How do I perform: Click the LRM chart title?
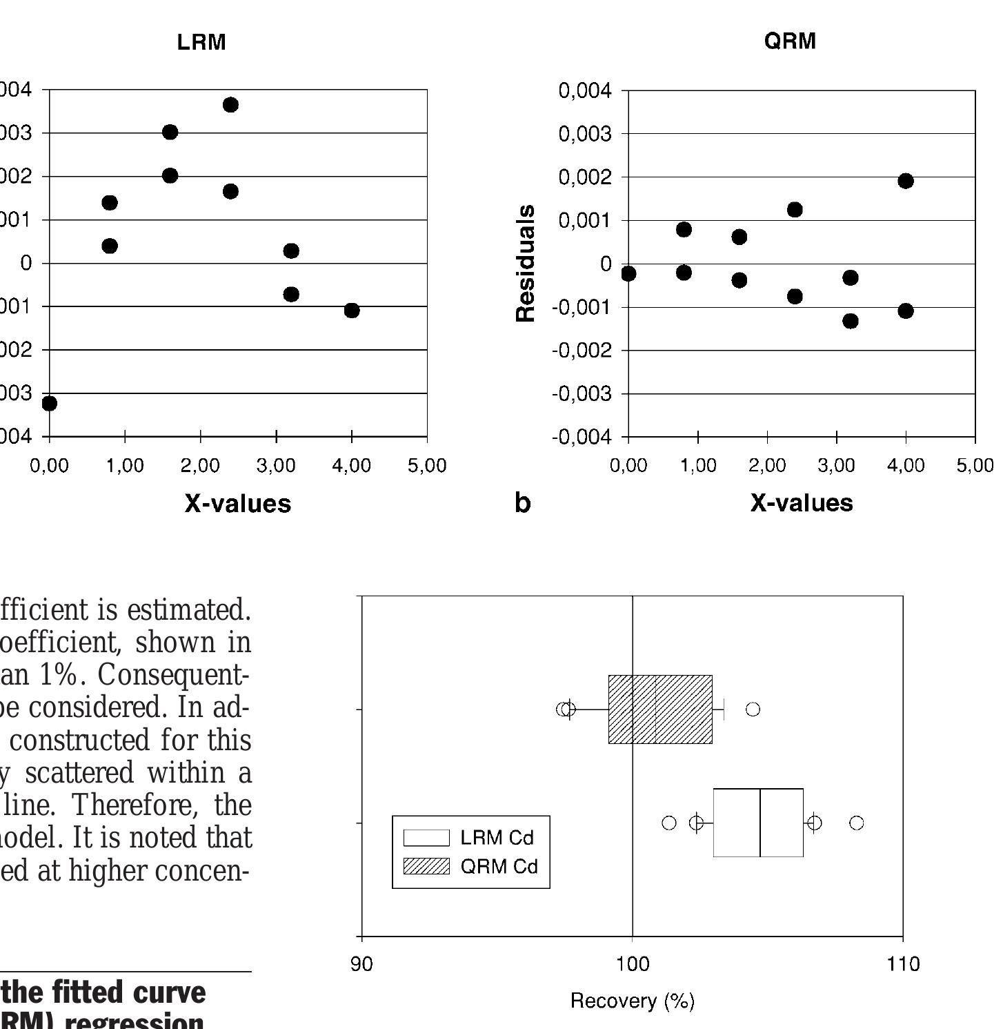click(201, 42)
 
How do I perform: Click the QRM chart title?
click(790, 41)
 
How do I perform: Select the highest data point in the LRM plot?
click(230, 105)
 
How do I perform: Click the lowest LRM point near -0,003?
click(49, 403)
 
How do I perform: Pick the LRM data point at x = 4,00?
click(352, 311)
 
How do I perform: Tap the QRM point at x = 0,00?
click(628, 274)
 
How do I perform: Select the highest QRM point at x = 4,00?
click(906, 181)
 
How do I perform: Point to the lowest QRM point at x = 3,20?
click(851, 321)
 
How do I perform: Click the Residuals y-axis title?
click(526, 263)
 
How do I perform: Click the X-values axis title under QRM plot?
click(802, 503)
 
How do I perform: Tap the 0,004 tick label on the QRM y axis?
click(585, 90)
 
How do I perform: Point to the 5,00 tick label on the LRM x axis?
click(427, 466)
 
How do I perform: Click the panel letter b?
click(523, 503)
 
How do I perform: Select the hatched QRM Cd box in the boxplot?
click(660, 709)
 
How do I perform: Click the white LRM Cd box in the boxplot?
click(758, 823)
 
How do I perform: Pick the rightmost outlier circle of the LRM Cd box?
click(857, 823)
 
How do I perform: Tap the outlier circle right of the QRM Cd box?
click(753, 709)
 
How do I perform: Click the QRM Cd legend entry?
click(498, 866)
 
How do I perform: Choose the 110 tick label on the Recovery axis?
click(903, 964)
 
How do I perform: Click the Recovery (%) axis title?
click(633, 1001)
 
